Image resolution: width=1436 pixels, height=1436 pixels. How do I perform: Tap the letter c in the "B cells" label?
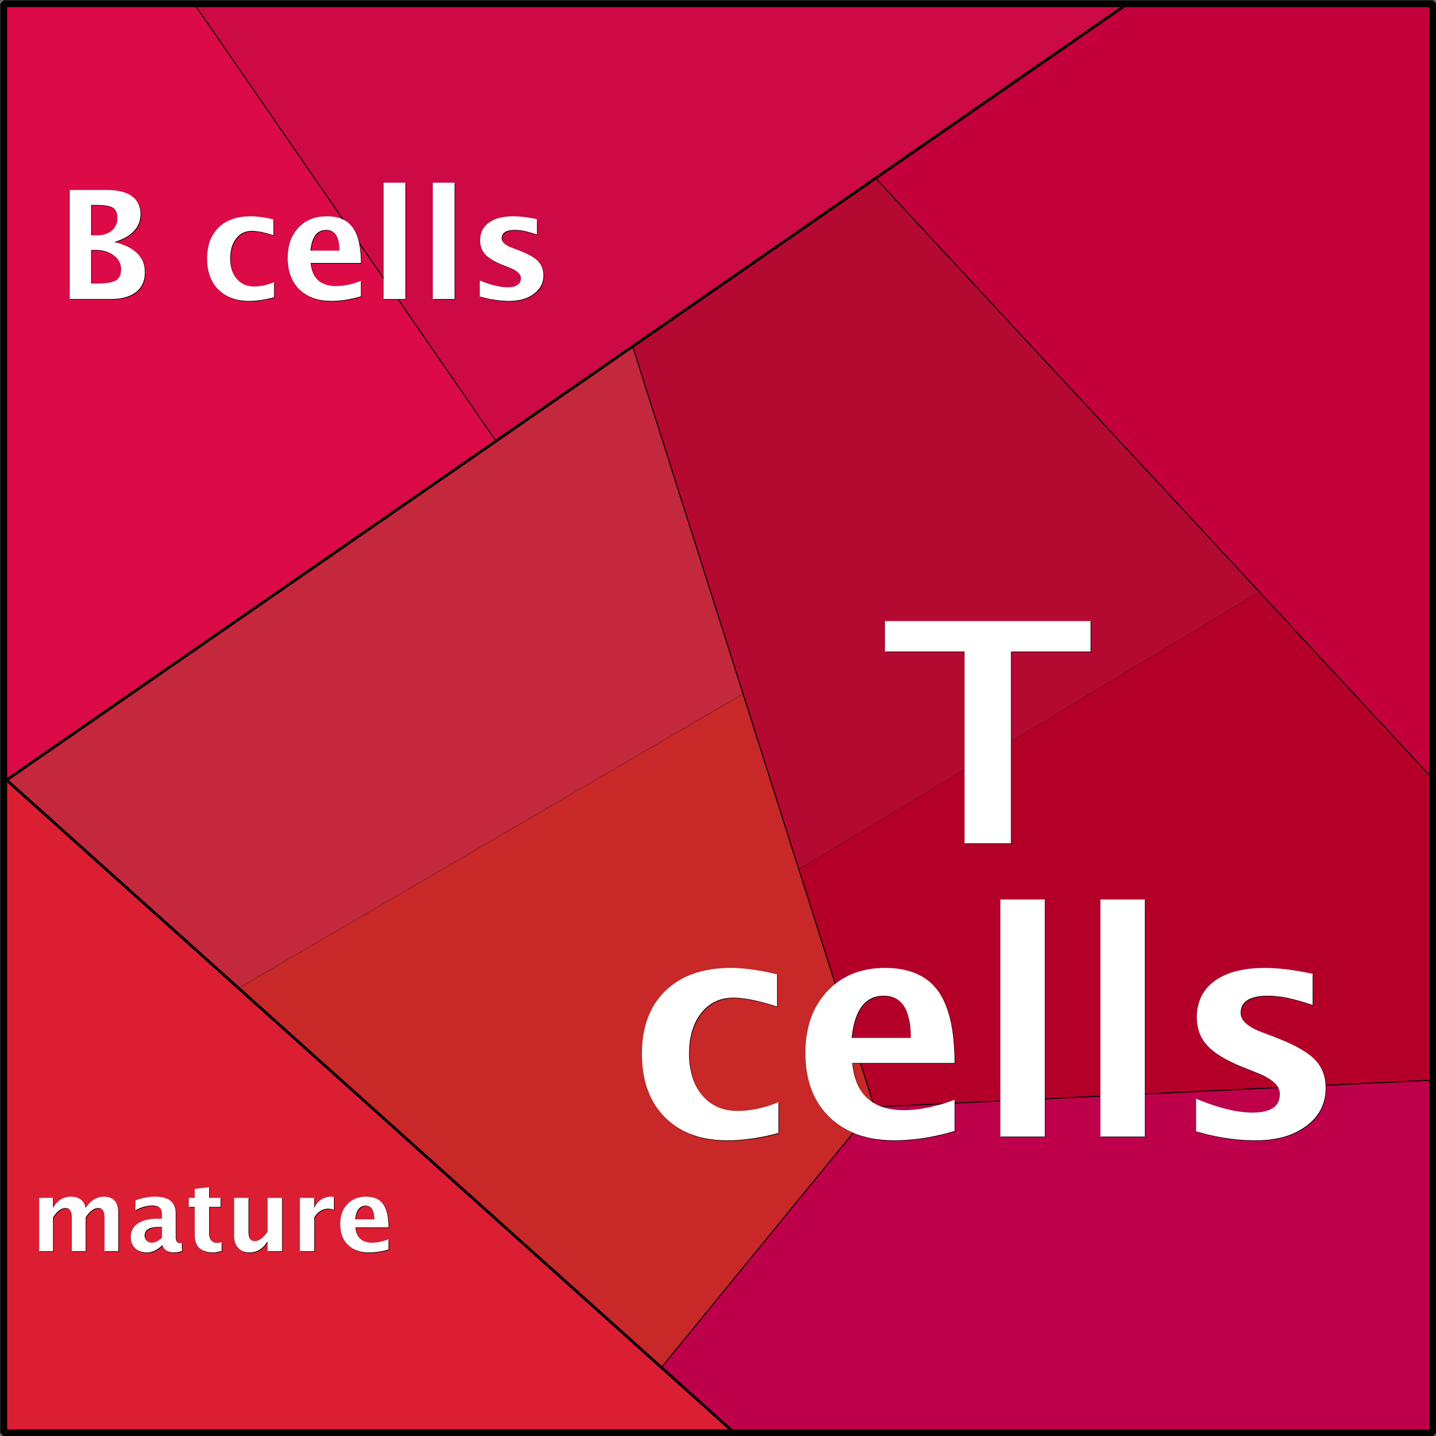coord(240,258)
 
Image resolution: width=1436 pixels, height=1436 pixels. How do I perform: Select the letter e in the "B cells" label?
coord(324,258)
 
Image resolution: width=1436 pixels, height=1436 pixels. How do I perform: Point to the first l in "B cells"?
coord(394,241)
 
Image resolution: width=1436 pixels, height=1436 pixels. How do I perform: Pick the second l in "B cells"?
coord(443,241)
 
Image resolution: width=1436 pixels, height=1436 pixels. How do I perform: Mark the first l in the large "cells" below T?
coord(1022,1018)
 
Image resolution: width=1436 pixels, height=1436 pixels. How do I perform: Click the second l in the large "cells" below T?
coord(1122,1018)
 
